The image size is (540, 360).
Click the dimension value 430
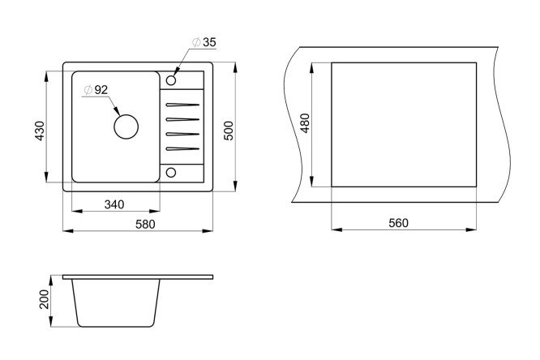[40, 131]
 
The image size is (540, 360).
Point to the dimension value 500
[229, 131]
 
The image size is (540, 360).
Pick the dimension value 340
[114, 204]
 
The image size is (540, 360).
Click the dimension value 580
[145, 225]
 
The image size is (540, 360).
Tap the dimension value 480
[305, 123]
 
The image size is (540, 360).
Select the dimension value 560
[398, 223]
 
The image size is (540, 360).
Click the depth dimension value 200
[45, 299]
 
